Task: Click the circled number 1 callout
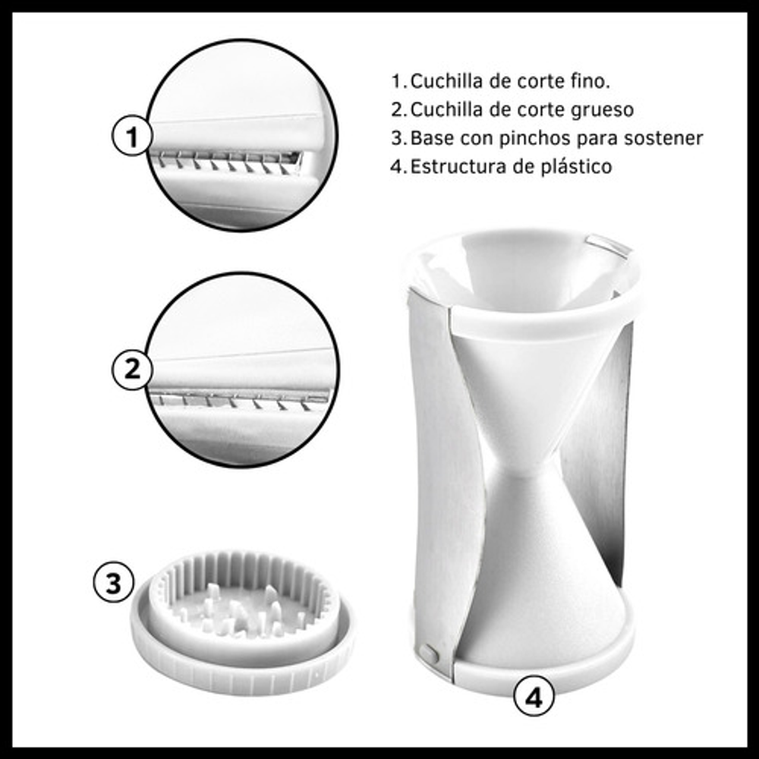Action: (131, 136)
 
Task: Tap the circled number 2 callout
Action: (131, 370)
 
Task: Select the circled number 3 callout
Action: (113, 582)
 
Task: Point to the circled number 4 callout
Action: (534, 698)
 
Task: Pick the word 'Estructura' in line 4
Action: (455, 166)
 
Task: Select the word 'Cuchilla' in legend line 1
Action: (447, 81)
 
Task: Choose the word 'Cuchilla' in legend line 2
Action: (447, 110)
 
